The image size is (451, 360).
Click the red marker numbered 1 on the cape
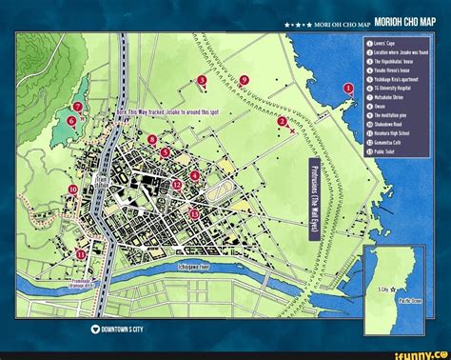(348, 89)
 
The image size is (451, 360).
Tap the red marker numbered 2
(282, 123)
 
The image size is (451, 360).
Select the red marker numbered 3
(202, 80)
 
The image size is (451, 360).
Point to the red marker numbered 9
(245, 80)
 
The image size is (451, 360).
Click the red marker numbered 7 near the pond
(77, 107)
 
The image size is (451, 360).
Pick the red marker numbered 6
(71, 122)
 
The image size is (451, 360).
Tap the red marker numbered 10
(72, 190)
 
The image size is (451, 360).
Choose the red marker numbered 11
(55, 254)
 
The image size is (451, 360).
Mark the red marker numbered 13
(194, 213)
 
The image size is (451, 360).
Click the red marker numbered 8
(153, 139)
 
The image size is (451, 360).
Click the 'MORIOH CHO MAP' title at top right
(404, 20)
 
